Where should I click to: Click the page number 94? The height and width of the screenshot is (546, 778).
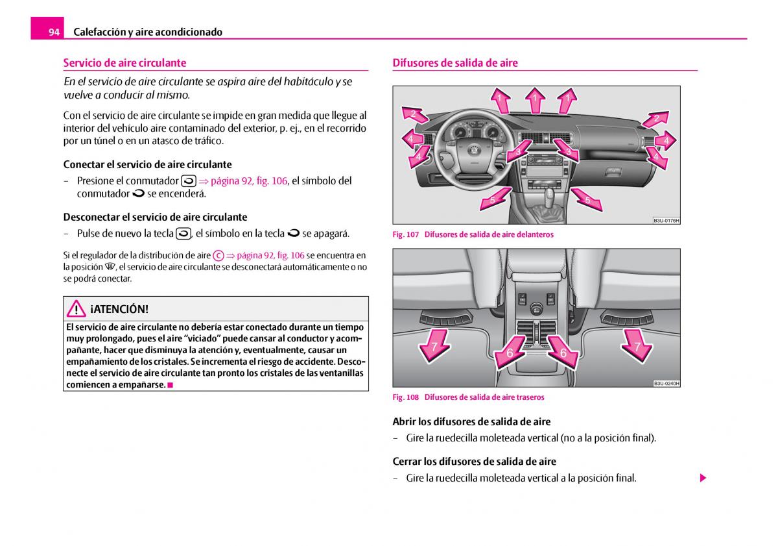[54, 32]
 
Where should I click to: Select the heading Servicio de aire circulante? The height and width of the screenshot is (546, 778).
[124, 63]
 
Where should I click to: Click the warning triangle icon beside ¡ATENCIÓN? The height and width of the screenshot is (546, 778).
[77, 309]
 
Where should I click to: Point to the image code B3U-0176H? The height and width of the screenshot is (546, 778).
[666, 221]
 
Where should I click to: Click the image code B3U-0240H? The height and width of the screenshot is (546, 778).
[666, 384]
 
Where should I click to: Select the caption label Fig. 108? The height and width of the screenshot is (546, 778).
[406, 397]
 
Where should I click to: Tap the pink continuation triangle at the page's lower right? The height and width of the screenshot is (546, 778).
[702, 478]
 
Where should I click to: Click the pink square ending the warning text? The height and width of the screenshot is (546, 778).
[170, 385]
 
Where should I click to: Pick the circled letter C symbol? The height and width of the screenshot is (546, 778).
[218, 256]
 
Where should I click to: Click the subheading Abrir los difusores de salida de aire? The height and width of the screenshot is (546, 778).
[471, 421]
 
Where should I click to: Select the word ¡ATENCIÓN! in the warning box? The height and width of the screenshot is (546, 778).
[119, 309]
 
